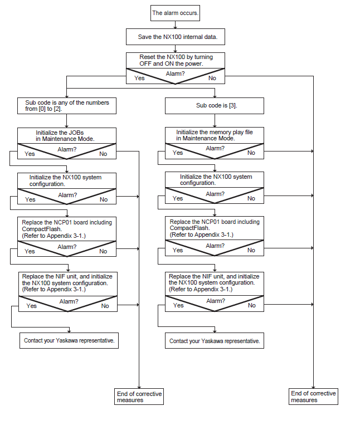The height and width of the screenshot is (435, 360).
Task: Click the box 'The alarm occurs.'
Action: pyautogui.click(x=175, y=13)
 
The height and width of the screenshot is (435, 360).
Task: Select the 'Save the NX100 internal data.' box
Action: pyautogui.click(x=176, y=37)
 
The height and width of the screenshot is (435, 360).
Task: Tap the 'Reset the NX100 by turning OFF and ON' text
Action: pyautogui.click(x=176, y=60)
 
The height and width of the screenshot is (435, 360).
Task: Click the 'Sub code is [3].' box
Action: pyautogui.click(x=215, y=106)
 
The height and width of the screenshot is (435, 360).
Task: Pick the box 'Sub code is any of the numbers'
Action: pyautogui.click(x=67, y=106)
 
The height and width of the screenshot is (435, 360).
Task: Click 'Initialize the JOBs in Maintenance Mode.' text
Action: pyautogui.click(x=65, y=136)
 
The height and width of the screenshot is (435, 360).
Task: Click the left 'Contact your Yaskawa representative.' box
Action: pyautogui.click(x=69, y=341)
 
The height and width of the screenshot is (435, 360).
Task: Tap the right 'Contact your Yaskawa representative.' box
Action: pyautogui.click(x=215, y=341)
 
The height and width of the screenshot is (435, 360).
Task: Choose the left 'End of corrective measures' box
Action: pyautogui.click(x=139, y=397)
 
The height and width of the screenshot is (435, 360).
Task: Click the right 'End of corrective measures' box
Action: pyautogui.click(x=313, y=397)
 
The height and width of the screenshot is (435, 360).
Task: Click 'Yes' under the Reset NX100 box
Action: pyautogui.click(x=139, y=78)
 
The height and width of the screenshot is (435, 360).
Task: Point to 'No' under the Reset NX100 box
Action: pyautogui.click(x=212, y=78)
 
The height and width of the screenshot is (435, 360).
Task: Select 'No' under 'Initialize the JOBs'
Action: pyautogui.click(x=103, y=154)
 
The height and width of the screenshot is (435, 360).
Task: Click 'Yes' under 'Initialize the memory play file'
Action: pyautogui.click(x=178, y=153)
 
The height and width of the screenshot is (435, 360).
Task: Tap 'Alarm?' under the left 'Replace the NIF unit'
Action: pyautogui.click(x=69, y=301)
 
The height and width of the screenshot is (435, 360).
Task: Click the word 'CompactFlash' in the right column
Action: pyautogui.click(x=189, y=228)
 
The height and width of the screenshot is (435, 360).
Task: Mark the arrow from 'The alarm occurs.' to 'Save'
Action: pyautogui.click(x=175, y=25)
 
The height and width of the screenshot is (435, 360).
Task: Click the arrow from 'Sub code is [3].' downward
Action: pyautogui.click(x=215, y=121)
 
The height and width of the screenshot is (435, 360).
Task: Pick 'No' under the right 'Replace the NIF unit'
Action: pyautogui.click(x=252, y=305)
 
